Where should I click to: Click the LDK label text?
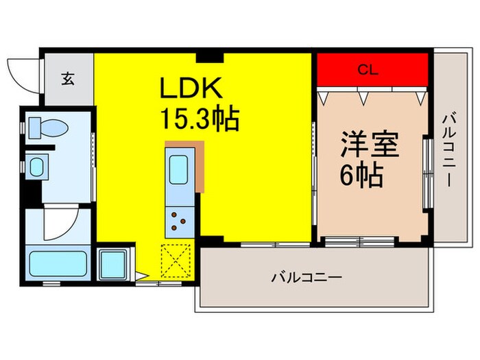point(191,88)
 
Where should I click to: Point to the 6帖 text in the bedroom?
point(361,176)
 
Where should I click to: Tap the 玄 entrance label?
point(69,78)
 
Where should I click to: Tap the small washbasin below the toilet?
point(36,165)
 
